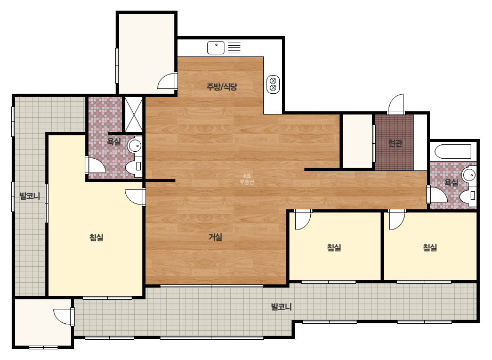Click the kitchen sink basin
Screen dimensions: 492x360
[x=216, y=48]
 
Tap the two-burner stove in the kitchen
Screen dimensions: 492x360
[x=273, y=84]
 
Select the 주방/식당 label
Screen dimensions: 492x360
[x=222, y=87]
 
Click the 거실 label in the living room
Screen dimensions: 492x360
[x=215, y=237]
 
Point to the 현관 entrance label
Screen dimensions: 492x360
[x=395, y=143]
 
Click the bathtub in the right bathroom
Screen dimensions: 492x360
[x=453, y=151]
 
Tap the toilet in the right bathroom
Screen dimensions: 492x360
[x=468, y=196]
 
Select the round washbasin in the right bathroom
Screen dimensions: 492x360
[x=469, y=175]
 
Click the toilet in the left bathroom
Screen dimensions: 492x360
[x=134, y=166]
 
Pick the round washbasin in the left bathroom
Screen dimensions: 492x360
[x=135, y=145]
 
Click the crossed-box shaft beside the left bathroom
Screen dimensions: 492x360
[x=134, y=114]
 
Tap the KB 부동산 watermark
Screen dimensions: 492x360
[x=247, y=179]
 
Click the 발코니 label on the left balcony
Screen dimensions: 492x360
[x=30, y=197]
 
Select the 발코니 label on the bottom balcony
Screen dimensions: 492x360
[x=281, y=307]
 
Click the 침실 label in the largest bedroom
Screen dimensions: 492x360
[x=96, y=238]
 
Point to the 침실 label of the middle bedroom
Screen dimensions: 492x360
[x=334, y=248]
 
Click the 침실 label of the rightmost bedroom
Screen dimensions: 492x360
[x=430, y=248]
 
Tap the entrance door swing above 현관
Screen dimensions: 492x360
[x=396, y=103]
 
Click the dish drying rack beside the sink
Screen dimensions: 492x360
[x=234, y=48]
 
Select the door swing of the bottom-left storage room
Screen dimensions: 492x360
[x=63, y=316]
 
